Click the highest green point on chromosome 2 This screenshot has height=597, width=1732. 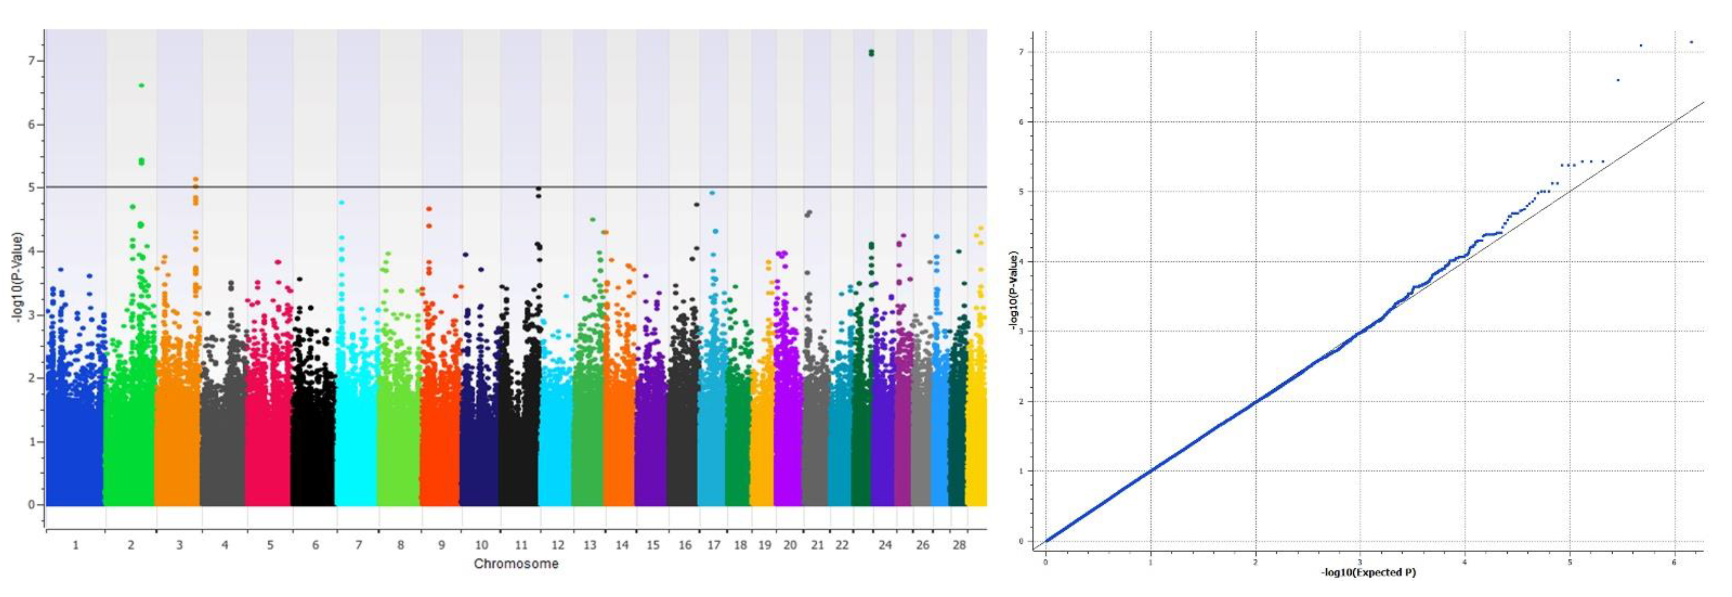tap(141, 85)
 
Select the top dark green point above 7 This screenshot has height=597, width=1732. tap(871, 51)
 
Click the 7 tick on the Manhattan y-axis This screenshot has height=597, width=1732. tap(31, 61)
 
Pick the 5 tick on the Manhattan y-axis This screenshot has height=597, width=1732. tap(31, 188)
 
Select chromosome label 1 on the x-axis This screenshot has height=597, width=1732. tap(75, 545)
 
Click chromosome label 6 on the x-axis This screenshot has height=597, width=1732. tap(315, 545)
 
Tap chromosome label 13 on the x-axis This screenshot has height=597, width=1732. tap(590, 545)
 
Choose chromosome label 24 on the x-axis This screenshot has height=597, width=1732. tap(885, 545)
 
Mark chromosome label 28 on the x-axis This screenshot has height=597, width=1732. tap(959, 545)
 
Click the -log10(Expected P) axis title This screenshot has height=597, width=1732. tap(1368, 573)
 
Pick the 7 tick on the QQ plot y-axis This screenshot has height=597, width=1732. tap(1021, 52)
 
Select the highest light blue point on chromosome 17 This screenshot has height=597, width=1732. tap(712, 193)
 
